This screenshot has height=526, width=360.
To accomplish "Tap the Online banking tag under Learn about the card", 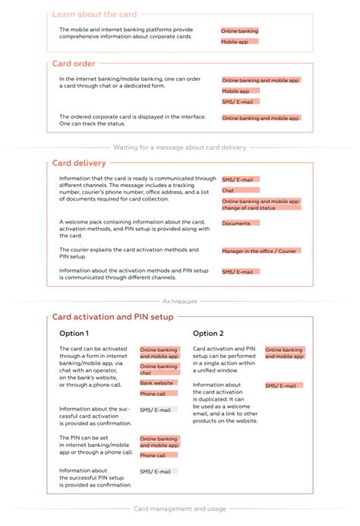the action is tap(239, 31).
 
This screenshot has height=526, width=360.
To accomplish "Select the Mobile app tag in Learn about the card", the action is tap(235, 42).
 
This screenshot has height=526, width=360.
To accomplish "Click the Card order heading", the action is tap(73, 63).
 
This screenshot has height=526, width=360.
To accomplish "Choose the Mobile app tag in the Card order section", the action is tap(235, 91).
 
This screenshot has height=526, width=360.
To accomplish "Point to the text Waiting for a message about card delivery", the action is tap(179, 147).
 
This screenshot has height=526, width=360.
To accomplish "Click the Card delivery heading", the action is tap(79, 163).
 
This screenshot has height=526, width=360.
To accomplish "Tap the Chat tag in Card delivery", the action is tap(228, 190).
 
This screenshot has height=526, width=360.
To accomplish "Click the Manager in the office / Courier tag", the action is tap(261, 251).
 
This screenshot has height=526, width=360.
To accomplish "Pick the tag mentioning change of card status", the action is tap(261, 204).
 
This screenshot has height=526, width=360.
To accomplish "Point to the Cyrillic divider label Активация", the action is tap(179, 301).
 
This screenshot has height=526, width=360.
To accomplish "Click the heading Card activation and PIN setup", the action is tap(112, 317).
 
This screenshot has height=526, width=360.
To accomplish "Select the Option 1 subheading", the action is tap(74, 334).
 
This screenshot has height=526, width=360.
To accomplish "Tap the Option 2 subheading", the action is tap(208, 334).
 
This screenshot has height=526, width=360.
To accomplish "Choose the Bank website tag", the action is tap(157, 383).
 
